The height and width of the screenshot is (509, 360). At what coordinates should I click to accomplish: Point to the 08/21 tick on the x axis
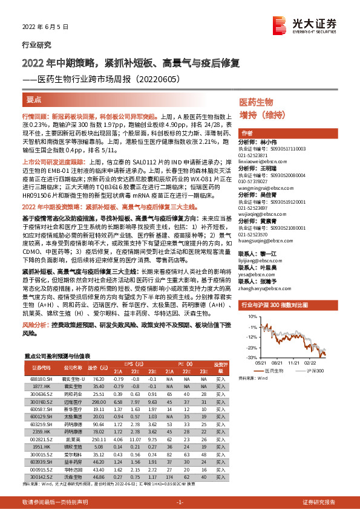[277, 362]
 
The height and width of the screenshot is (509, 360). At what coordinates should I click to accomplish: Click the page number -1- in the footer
[180, 502]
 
